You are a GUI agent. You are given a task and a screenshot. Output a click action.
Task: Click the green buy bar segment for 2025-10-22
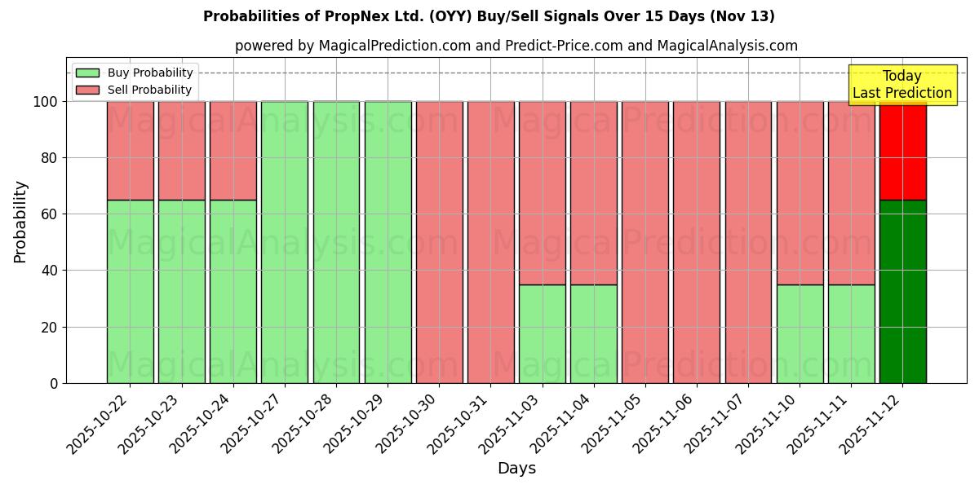click(130, 291)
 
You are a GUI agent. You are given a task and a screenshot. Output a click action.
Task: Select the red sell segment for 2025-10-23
click(181, 150)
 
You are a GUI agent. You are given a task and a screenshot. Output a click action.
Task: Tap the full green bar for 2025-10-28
click(336, 242)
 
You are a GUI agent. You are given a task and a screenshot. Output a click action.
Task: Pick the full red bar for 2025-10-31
click(490, 242)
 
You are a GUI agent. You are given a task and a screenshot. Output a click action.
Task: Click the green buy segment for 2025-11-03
click(542, 333)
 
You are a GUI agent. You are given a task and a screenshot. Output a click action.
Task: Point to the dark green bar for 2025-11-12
click(902, 291)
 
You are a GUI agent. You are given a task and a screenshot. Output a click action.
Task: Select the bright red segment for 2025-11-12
click(902, 150)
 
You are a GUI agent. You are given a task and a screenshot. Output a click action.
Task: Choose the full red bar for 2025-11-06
click(696, 242)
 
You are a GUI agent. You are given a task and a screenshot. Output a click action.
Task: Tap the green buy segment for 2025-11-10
click(800, 333)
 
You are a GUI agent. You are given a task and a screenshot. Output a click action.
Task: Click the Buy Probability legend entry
click(135, 73)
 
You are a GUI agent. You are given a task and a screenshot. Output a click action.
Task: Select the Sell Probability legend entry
click(135, 90)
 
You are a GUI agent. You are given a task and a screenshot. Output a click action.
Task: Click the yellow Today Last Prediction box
click(902, 85)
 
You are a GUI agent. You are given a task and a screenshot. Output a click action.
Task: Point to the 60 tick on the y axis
click(54, 214)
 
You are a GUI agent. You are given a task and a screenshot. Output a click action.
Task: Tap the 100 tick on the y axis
click(48, 102)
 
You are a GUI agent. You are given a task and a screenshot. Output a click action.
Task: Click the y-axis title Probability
click(20, 221)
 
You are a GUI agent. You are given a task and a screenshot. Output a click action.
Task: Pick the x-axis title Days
click(516, 469)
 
